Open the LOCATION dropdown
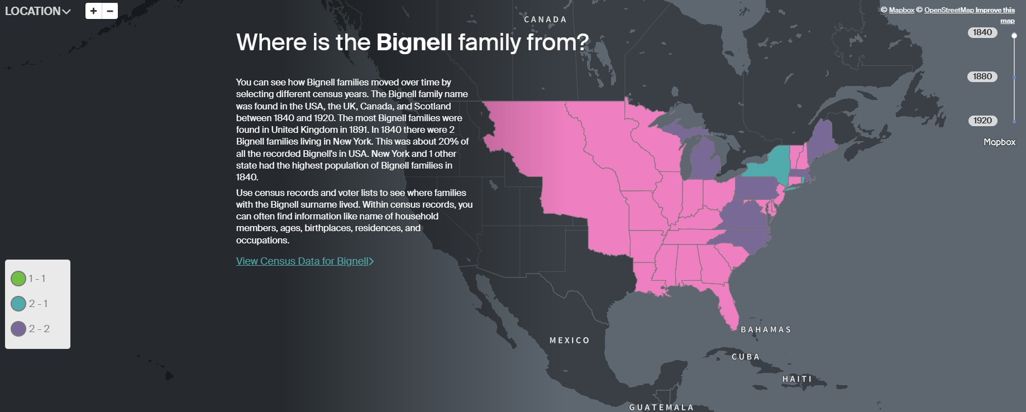tap(37, 11)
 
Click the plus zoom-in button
tap(93, 11)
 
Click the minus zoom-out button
tap(110, 11)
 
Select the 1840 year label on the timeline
tap(982, 32)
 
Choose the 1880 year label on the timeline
tap(982, 76)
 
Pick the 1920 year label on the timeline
tap(982, 121)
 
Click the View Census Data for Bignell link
tap(304, 261)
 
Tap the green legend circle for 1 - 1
tap(18, 278)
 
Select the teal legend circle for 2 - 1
tap(18, 304)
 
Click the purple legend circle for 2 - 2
tap(18, 329)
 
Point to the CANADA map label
tap(545, 20)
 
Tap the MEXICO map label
tap(569, 341)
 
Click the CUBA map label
tap(746, 357)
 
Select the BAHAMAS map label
tap(766, 330)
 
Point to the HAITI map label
tap(797, 379)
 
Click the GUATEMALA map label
tap(661, 408)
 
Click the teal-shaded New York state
tap(771, 163)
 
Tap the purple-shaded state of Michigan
tap(705, 162)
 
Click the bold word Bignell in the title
tap(414, 42)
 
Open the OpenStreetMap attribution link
tap(949, 10)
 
